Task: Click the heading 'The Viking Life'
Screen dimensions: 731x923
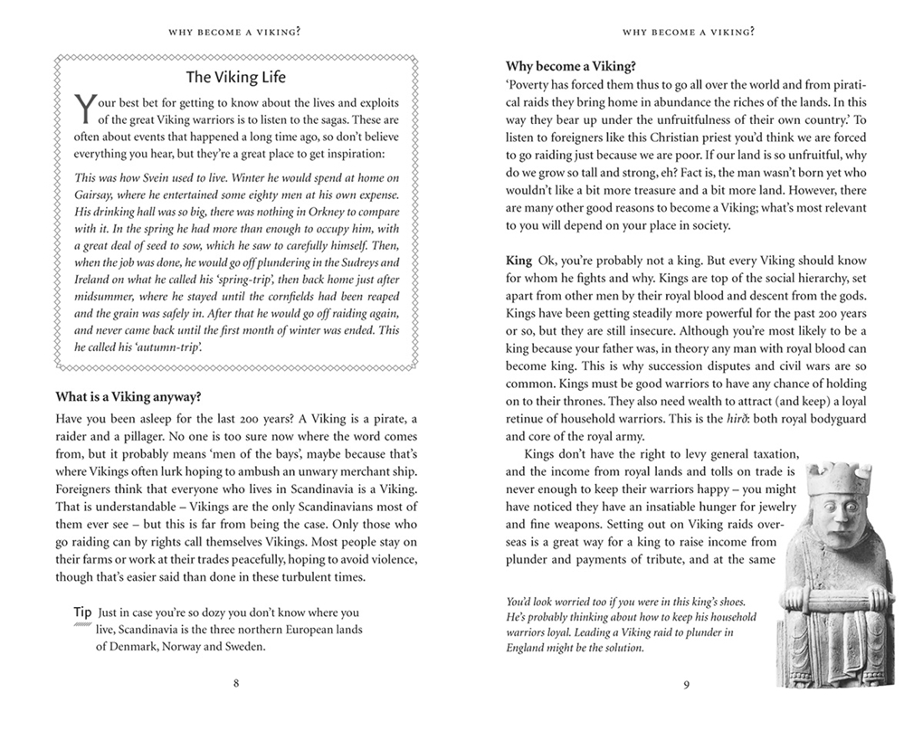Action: (x=235, y=77)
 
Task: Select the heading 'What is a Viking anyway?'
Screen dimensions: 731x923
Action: (x=128, y=396)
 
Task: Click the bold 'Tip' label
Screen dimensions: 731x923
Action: (x=82, y=612)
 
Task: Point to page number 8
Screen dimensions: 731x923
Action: (x=236, y=683)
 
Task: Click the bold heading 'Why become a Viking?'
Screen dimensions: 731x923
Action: (x=571, y=66)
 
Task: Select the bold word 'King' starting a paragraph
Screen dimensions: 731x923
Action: (x=519, y=261)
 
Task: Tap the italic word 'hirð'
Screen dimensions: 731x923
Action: (x=715, y=419)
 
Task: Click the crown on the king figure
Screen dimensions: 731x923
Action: (x=844, y=478)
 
